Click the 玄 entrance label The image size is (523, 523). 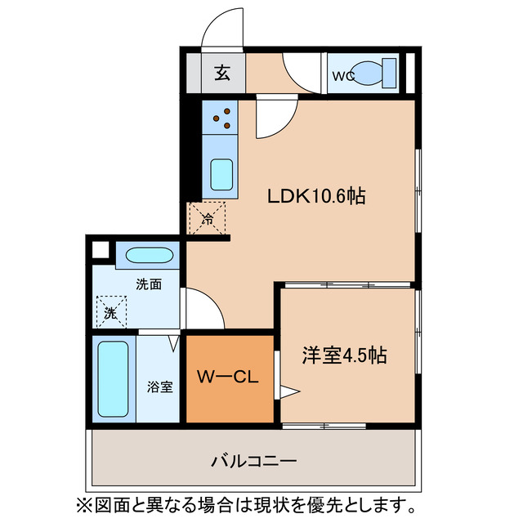tap(222, 74)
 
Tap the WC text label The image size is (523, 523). tap(342, 76)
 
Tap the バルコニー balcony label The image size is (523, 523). tap(256, 460)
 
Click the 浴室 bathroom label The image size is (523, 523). tap(159, 387)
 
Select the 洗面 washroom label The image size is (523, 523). tap(148, 284)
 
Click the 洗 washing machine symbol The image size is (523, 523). tap(110, 311)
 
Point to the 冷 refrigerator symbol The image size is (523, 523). tap(208, 218)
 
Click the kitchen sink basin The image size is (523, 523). tap(221, 173)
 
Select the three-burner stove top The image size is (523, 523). tap(221, 118)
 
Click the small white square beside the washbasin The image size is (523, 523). tap(101, 251)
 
